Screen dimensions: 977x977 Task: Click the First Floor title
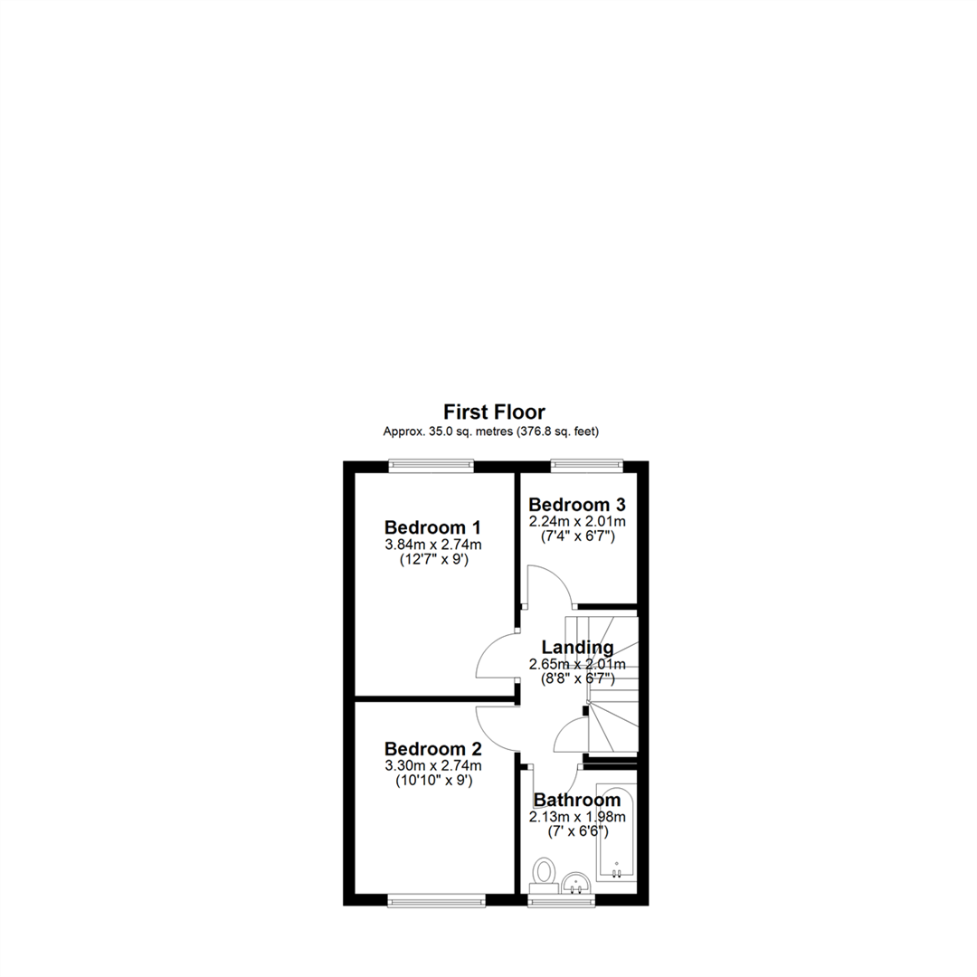coord(494,412)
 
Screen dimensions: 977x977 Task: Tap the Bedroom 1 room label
coord(433,527)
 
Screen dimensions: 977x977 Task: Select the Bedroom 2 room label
coord(433,748)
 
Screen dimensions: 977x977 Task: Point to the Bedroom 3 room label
coord(577,504)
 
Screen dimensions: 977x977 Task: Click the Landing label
coord(577,648)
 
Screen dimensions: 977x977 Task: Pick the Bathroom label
coord(577,800)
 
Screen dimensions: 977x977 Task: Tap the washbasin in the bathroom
coord(575,882)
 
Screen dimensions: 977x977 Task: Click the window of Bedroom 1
coord(431,465)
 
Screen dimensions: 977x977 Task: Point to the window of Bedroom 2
coord(436,899)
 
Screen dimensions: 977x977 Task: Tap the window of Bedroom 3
coord(586,465)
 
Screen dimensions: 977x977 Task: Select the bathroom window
coord(561,899)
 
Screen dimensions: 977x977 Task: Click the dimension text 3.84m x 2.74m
coord(433,545)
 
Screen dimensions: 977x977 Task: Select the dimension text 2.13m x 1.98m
coord(577,816)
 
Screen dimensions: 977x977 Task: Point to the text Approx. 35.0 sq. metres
coord(448,432)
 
